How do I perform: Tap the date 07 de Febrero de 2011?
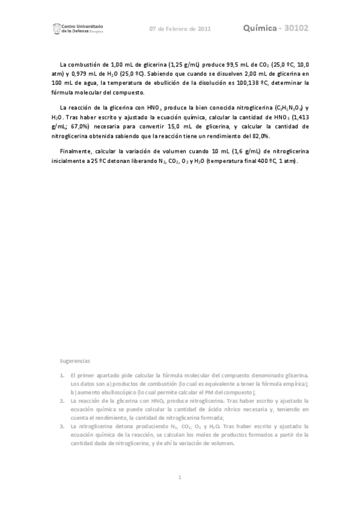click(180, 29)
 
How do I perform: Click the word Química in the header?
click(262, 28)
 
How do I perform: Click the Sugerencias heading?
click(75, 361)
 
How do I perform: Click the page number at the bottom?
click(180, 478)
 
